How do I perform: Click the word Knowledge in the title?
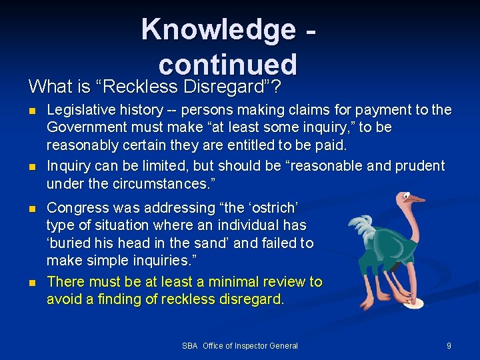coord(218,30)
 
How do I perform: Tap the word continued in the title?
coord(227,64)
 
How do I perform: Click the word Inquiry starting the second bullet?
coord(68,165)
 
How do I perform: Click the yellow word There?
coord(65,282)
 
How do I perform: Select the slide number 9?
coord(449,345)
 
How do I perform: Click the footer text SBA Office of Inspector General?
coord(239,345)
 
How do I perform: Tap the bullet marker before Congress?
coord(33,209)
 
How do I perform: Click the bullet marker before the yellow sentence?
coord(33,283)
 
